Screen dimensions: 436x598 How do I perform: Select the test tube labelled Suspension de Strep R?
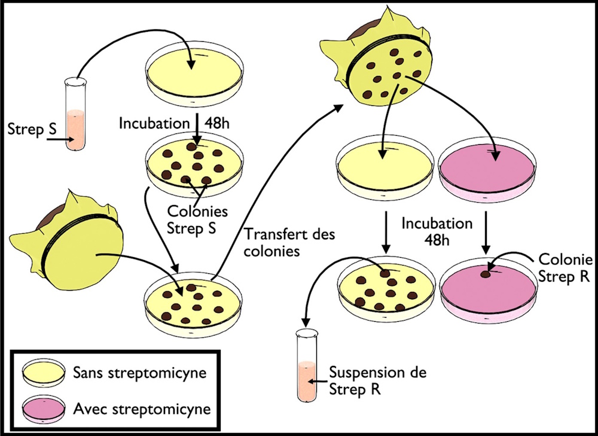coord(306,365)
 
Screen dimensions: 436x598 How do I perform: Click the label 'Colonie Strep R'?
coord(565,269)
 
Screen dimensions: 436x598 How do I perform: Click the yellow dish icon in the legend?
coord(44,374)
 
